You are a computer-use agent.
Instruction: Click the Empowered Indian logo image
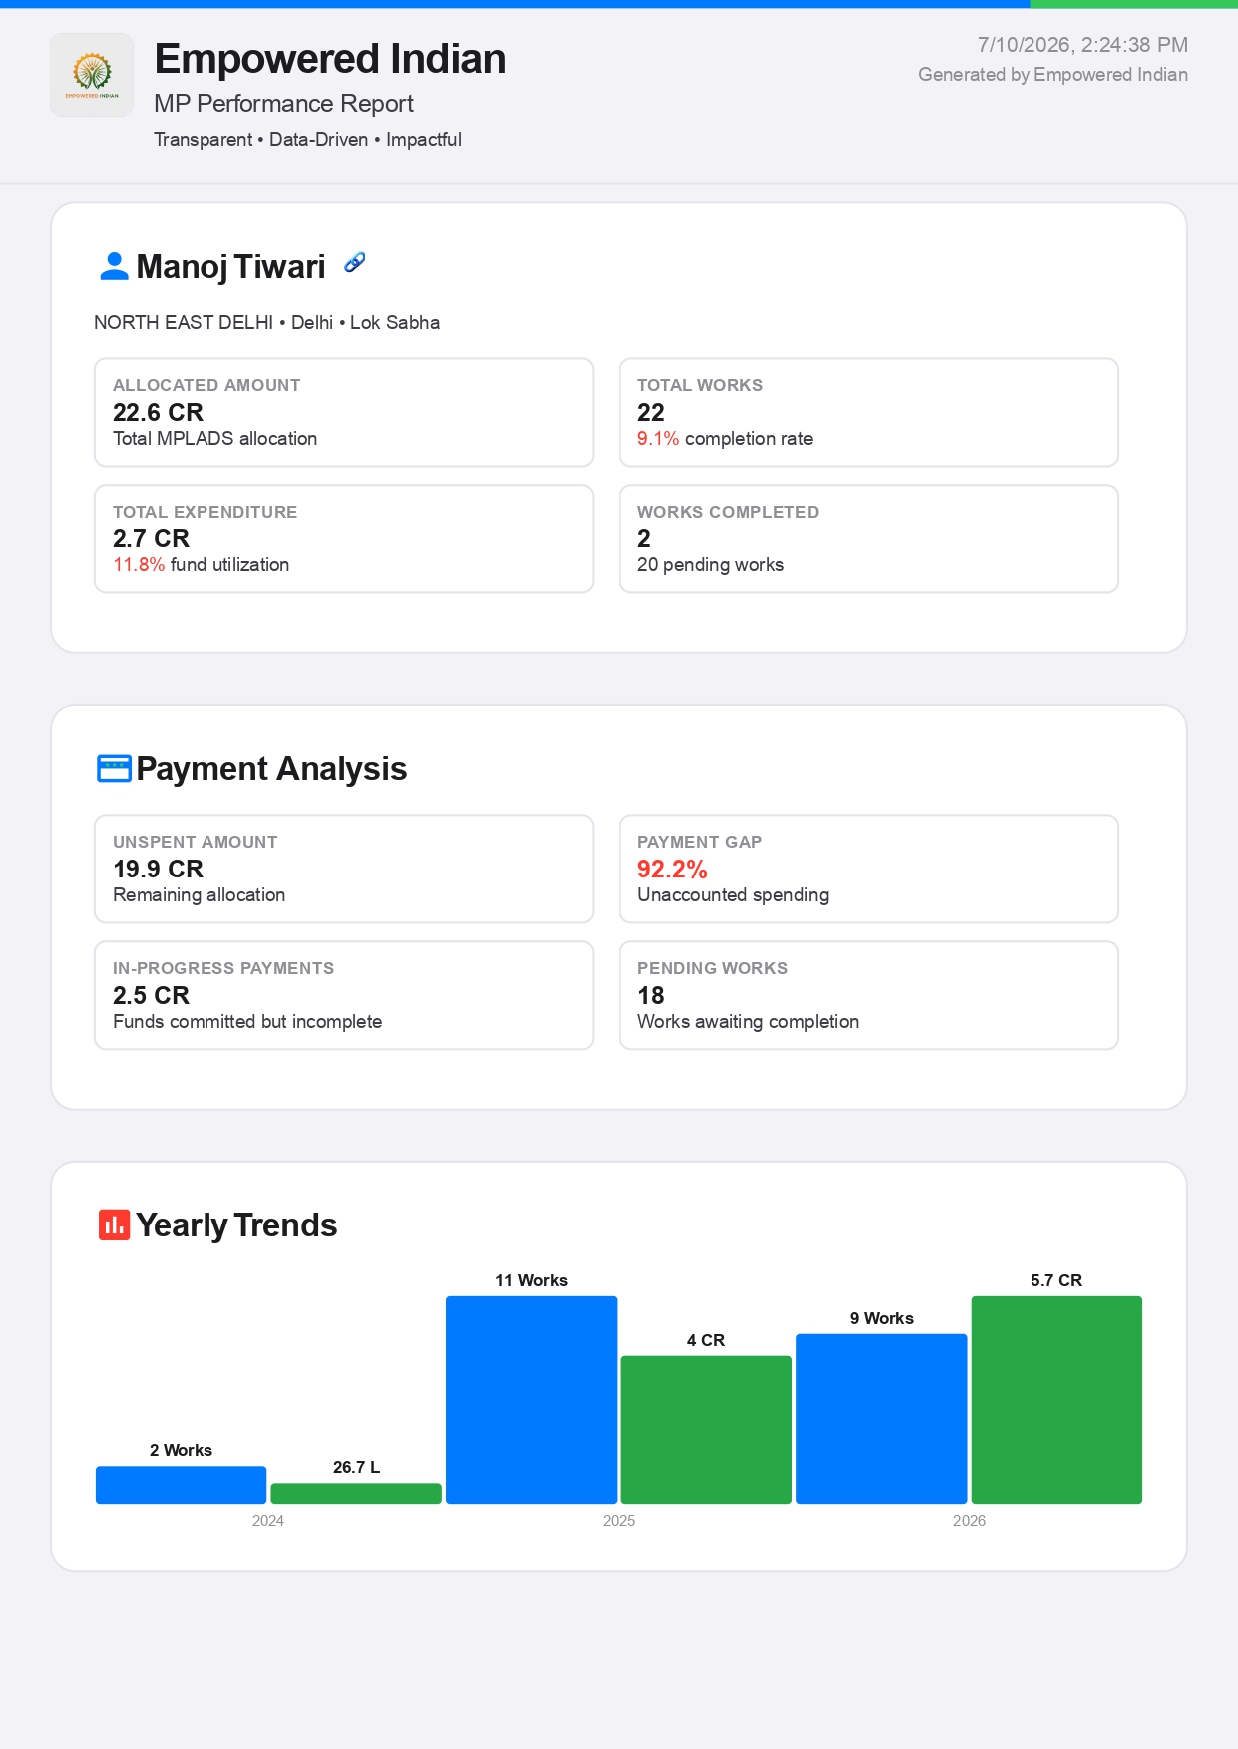pos(92,75)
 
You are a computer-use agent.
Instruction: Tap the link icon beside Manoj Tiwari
pos(354,262)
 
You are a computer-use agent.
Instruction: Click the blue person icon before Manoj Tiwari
pos(115,266)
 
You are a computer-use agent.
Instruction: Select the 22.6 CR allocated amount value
pos(158,412)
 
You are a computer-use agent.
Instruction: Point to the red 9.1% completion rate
pos(658,439)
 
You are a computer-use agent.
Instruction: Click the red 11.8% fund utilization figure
pos(139,565)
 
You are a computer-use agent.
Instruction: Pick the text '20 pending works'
pos(710,565)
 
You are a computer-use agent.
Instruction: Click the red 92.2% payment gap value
pos(672,869)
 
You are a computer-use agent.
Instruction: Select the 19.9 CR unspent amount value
pos(158,869)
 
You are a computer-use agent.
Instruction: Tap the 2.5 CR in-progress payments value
pos(151,995)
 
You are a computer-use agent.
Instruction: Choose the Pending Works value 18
pos(651,995)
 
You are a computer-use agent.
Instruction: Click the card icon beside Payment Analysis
pos(114,769)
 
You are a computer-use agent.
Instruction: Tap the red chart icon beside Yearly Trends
pos(114,1224)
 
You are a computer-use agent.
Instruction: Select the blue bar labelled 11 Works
pos(532,1400)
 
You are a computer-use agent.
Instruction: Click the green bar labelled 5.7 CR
pos(1056,1400)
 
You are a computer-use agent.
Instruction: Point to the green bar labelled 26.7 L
pos(356,1493)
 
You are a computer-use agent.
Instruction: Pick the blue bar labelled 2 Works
pos(182,1485)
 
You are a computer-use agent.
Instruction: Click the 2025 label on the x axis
pos(619,1521)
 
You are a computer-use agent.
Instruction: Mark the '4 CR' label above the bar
pos(706,1340)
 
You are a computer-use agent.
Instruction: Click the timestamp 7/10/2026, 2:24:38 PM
pos(1082,45)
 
